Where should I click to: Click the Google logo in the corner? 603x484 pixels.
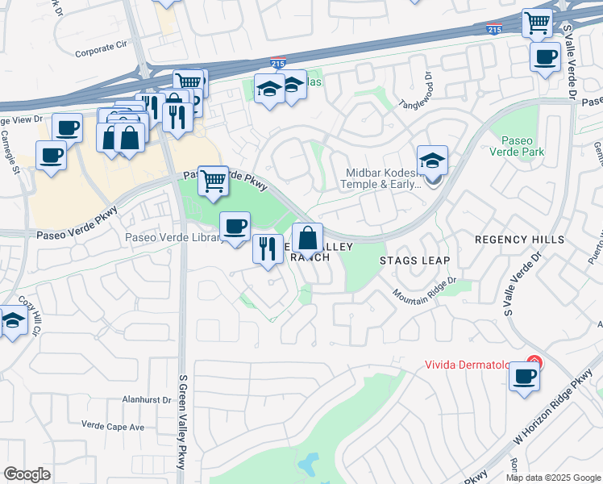pyautogui.click(x=27, y=474)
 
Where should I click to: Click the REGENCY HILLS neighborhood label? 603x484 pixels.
pyautogui.click(x=520, y=240)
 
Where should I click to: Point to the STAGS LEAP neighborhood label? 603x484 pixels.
pyautogui.click(x=414, y=261)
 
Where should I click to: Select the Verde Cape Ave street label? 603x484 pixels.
pyautogui.click(x=113, y=425)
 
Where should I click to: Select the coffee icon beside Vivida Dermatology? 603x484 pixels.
pyautogui.click(x=524, y=376)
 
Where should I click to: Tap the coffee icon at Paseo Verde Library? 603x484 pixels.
pyautogui.click(x=235, y=226)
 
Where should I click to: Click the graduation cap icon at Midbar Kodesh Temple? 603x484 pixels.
pyautogui.click(x=432, y=161)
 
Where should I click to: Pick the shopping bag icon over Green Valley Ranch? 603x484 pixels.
pyautogui.click(x=307, y=238)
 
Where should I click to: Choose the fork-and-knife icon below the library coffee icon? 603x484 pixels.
pyautogui.click(x=268, y=248)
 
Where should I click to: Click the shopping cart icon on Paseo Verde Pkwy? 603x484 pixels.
pyautogui.click(x=213, y=180)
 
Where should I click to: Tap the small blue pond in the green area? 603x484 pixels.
pyautogui.click(x=308, y=464)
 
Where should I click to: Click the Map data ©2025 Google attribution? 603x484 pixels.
pyautogui.click(x=553, y=478)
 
